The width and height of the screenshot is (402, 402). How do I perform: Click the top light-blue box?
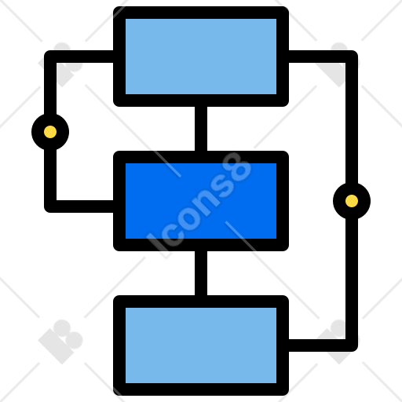[x=201, y=57]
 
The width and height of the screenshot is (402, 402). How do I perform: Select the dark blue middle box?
[x=201, y=201]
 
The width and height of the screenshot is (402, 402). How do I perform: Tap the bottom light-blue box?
[x=201, y=345]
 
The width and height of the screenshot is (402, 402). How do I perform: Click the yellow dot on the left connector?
[x=50, y=132]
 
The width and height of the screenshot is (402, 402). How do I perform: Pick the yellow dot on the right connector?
[x=352, y=201]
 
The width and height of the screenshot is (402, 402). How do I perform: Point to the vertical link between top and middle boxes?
[x=201, y=129]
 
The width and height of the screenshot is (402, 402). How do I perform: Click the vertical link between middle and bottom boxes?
[x=201, y=273]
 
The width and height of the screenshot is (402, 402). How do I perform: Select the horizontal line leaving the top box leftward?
[x=82, y=57]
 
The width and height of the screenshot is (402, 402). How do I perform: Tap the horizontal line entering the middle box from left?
[x=82, y=206]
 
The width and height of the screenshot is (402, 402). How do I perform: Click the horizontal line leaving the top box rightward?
[x=320, y=57]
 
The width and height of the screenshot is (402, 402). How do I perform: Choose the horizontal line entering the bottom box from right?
[x=320, y=345]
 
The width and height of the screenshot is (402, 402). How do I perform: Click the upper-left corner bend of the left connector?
[x=50, y=57]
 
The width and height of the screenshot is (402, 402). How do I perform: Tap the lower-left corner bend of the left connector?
[x=50, y=206]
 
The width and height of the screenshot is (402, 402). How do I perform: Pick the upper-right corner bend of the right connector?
[x=352, y=57]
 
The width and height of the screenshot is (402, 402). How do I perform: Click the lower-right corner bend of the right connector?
[x=352, y=345]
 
